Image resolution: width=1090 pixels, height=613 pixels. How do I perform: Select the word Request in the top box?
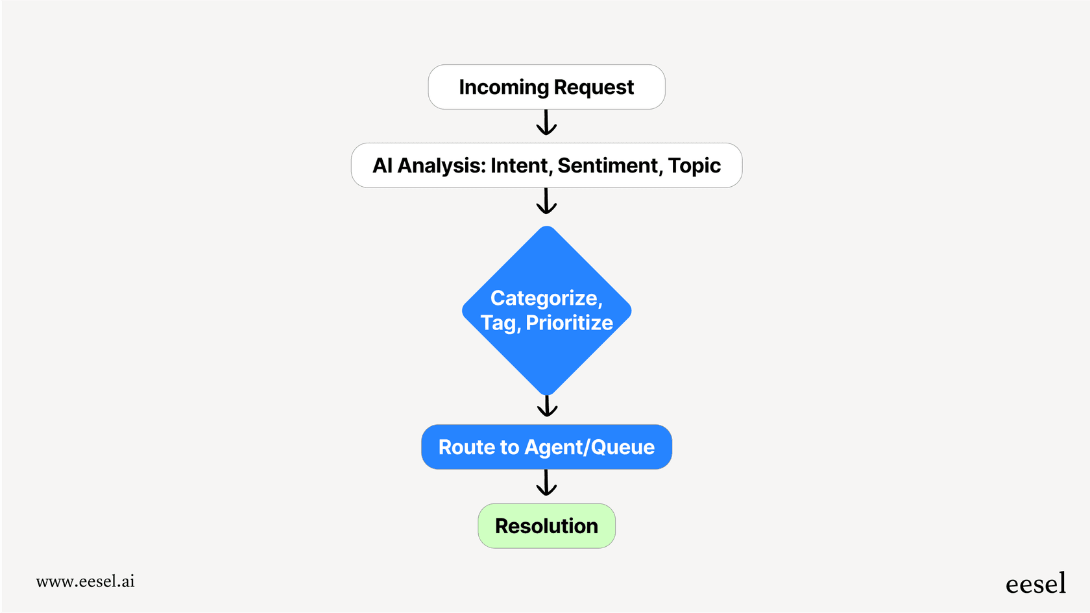pyautogui.click(x=594, y=88)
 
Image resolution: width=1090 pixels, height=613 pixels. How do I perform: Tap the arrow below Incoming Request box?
pyautogui.click(x=546, y=123)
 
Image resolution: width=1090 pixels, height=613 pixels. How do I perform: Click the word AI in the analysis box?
pyautogui.click(x=382, y=166)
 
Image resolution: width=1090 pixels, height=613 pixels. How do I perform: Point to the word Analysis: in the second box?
pyautogui.click(x=441, y=166)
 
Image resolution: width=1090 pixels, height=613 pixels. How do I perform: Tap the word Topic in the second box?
pyautogui.click(x=694, y=166)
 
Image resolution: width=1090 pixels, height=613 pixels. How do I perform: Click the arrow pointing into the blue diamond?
pyautogui.click(x=546, y=202)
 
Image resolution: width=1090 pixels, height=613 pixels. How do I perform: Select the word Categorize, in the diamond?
pyautogui.click(x=546, y=298)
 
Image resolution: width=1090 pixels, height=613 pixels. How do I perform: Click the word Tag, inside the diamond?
pyautogui.click(x=500, y=323)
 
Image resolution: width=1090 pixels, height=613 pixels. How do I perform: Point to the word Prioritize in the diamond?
pyautogui.click(x=569, y=323)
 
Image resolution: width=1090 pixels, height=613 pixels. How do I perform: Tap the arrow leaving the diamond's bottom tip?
pyautogui.click(x=547, y=406)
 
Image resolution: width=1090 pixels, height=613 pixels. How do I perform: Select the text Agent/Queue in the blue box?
pyautogui.click(x=589, y=448)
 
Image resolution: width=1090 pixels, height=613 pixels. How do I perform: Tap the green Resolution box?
pyautogui.click(x=546, y=526)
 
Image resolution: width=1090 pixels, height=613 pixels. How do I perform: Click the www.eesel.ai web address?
pyautogui.click(x=85, y=581)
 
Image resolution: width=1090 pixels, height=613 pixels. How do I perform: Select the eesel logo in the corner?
pyautogui.click(x=1035, y=584)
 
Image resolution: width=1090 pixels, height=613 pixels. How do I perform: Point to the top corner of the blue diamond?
pyautogui.click(x=547, y=229)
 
